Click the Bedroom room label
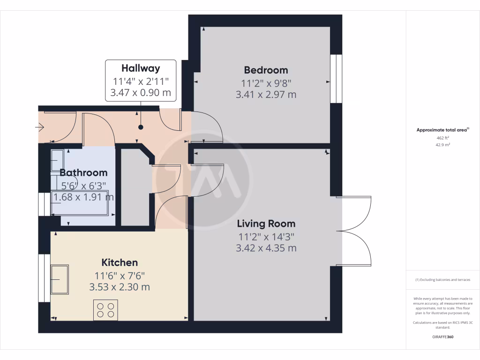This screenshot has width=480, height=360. tap(266, 70)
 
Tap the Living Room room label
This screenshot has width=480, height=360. tap(266, 224)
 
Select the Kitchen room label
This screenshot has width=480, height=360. tap(120, 262)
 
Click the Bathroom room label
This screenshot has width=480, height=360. tap(83, 172)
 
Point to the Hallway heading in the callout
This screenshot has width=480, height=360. tap(141, 68)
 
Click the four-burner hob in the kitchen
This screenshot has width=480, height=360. tap(105, 310)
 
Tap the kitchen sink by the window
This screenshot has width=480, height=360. tap(60, 279)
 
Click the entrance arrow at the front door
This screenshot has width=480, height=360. tap(39, 127)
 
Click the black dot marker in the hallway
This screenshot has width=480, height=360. tap(140, 127)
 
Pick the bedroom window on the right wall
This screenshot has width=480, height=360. tap(336, 78)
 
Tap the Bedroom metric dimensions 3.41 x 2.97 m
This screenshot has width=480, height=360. tap(266, 95)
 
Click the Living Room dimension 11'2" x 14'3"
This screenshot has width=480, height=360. tap(266, 236)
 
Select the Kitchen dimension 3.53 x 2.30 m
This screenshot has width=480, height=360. tap(120, 287)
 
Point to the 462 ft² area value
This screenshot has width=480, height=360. tap(443, 138)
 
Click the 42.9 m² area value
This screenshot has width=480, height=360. tap(443, 145)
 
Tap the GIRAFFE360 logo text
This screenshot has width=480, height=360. tap(443, 337)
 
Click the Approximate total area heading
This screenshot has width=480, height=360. tap(442, 130)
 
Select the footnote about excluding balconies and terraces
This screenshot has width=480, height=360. tap(443, 280)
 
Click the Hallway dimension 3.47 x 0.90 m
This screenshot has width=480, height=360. tap(141, 92)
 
